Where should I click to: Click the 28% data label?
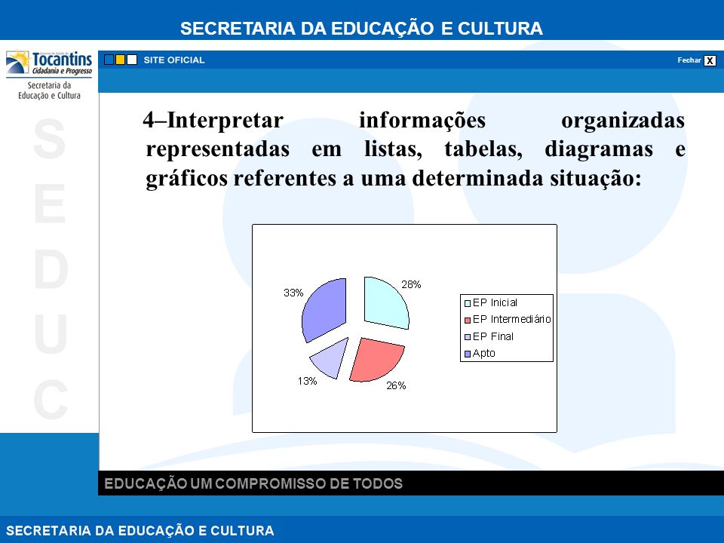[411, 284]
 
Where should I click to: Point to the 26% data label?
[396, 385]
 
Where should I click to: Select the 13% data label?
[307, 381]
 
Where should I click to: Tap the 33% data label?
[293, 293]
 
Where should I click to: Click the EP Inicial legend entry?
[490, 303]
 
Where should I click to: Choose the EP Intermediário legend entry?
[508, 320]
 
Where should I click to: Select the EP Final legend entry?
[489, 336]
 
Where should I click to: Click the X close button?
[710, 60]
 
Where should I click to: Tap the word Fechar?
[689, 60]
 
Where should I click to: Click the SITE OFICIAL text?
[174, 60]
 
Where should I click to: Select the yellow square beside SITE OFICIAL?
[120, 60]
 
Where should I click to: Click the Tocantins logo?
[49, 63]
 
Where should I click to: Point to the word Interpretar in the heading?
[225, 121]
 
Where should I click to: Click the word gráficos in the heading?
[186, 178]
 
